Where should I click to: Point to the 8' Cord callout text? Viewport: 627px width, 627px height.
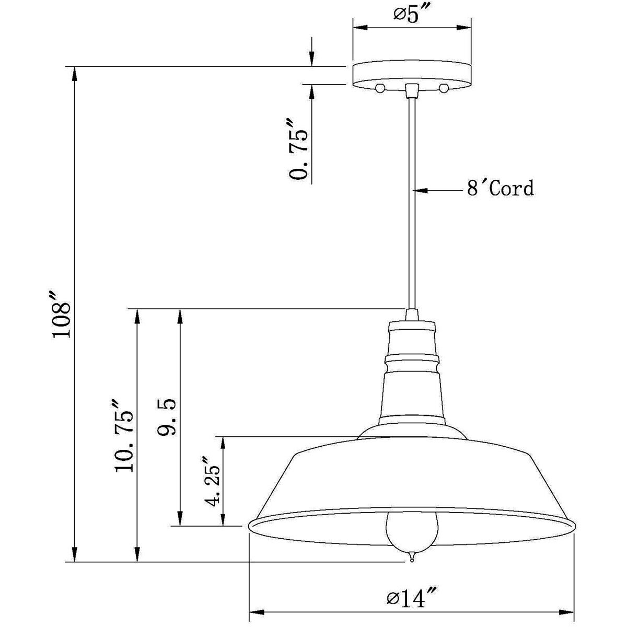point(500,188)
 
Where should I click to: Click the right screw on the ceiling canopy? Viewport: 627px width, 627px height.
point(444,87)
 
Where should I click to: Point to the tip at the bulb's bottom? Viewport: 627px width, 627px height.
point(412,558)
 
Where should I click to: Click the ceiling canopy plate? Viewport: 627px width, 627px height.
point(412,75)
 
